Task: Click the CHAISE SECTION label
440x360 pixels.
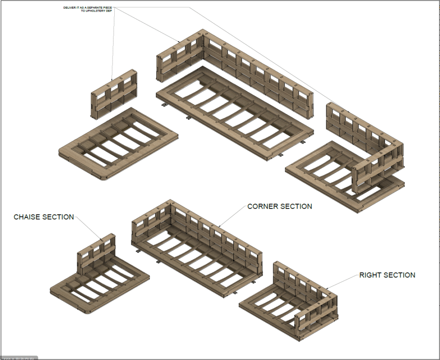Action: [44, 217]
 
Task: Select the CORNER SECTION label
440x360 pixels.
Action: [280, 206]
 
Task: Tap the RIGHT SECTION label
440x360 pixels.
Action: [387, 275]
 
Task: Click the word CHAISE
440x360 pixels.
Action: [28, 217]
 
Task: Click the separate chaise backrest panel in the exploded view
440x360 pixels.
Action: [114, 95]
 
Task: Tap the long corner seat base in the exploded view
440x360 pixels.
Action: [232, 114]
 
